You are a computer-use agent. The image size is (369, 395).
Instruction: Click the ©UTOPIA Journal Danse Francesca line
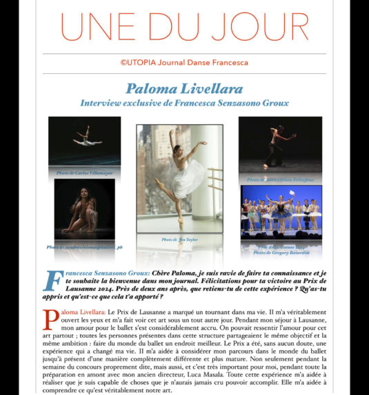tap(184, 62)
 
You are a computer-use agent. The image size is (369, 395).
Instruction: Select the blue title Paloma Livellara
tap(183, 88)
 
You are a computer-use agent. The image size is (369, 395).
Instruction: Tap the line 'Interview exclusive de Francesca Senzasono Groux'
tap(184, 103)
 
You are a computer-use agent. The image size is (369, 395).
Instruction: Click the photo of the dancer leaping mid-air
tap(84, 142)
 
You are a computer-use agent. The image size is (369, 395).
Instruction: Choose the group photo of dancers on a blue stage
tap(281, 210)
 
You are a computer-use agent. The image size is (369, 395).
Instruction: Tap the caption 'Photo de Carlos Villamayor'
tap(83, 172)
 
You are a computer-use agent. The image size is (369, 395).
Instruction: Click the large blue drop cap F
tap(53, 281)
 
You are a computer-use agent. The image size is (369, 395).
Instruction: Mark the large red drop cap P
tap(49, 319)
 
